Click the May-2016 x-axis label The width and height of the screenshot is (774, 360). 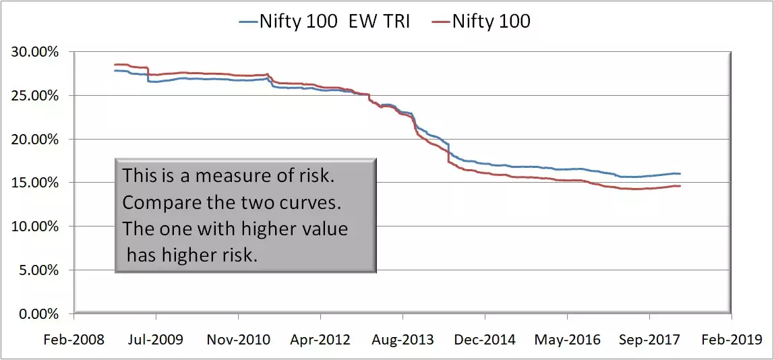click(x=567, y=339)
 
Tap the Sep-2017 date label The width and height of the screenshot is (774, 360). click(x=649, y=339)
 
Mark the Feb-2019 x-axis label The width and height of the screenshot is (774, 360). click(x=732, y=339)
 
